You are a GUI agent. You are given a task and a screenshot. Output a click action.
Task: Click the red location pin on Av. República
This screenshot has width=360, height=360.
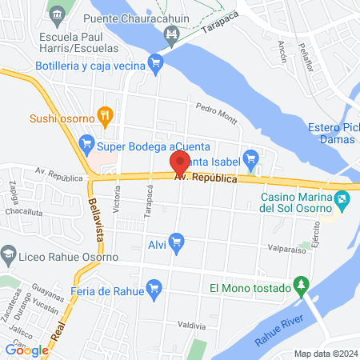point(180,163)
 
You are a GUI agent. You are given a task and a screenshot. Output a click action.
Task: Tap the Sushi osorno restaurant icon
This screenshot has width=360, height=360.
point(102,115)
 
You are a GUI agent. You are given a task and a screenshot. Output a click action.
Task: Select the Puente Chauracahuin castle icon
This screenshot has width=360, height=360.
point(170,34)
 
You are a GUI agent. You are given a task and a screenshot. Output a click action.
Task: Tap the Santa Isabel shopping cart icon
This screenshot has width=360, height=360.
point(251,158)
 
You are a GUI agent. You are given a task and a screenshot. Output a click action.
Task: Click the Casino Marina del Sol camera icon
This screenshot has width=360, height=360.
point(343,199)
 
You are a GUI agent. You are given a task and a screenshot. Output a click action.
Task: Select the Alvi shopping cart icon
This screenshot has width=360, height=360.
point(177,240)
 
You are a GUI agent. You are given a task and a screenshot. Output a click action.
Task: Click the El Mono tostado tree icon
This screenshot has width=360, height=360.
point(301,284)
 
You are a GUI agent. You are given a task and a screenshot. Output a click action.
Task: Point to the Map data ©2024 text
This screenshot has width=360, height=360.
point(325,354)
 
